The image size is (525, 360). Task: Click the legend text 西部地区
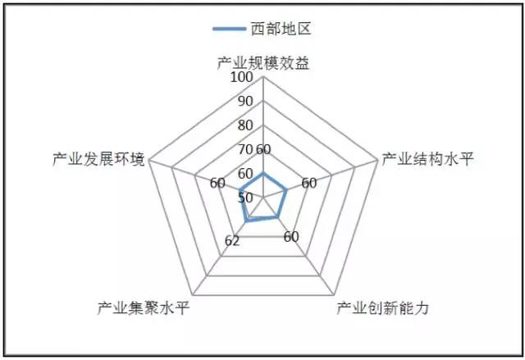pyautogui.click(x=281, y=30)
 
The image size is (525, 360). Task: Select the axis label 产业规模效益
pyautogui.click(x=262, y=62)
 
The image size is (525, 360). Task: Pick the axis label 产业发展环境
pyautogui.click(x=97, y=158)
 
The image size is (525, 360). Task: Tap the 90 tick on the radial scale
pyautogui.click(x=245, y=102)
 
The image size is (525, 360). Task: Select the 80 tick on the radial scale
pyautogui.click(x=245, y=125)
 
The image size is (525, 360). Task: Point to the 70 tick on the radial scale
pyautogui.click(x=245, y=149)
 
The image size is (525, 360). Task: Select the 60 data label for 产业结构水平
pyautogui.click(x=308, y=183)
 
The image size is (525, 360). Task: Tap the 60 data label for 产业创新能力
pyautogui.click(x=291, y=237)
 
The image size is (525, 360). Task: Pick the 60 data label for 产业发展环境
pyautogui.click(x=217, y=183)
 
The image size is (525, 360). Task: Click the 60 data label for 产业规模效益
pyautogui.click(x=262, y=149)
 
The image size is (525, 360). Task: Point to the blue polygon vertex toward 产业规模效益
pyautogui.click(x=262, y=174)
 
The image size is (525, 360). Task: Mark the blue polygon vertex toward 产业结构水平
pyautogui.click(x=285, y=190)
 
